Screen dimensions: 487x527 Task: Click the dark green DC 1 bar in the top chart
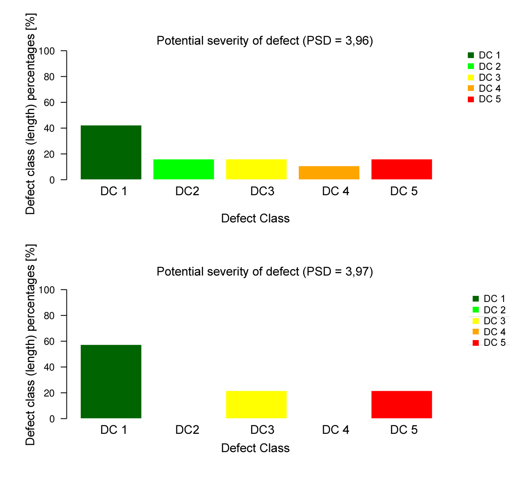[111, 152]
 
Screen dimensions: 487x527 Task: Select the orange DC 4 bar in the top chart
[329, 173]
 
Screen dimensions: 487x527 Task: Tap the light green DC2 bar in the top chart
[184, 169]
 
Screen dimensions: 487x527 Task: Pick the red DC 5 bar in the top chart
[401, 169]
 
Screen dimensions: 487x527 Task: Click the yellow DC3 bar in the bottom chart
[256, 405]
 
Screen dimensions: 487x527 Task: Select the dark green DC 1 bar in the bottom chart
[111, 381]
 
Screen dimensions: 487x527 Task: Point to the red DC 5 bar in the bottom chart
[401, 405]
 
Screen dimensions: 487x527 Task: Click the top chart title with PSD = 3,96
[264, 41]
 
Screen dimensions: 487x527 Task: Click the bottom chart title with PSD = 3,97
[264, 272]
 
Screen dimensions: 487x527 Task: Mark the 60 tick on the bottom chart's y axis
[49, 341]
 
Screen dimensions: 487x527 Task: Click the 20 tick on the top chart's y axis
[49, 154]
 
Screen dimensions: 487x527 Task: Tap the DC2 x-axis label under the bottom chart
[187, 430]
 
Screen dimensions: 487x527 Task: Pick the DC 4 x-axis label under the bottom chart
[335, 430]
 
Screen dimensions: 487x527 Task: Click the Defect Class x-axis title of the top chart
[255, 218]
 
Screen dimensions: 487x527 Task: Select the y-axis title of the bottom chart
[30, 345]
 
